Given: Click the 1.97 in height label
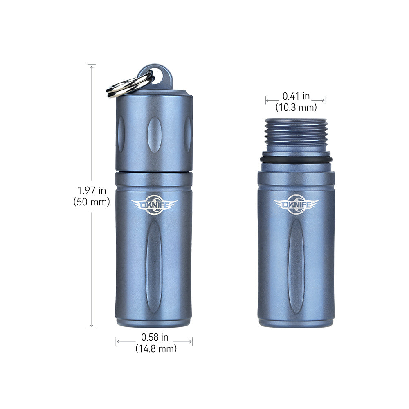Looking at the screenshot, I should coord(92,190).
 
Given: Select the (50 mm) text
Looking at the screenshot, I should coord(92,202).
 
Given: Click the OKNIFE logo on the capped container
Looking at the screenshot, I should coord(154,205).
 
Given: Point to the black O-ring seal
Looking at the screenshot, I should coord(296,159).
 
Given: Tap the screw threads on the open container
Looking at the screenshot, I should coord(296,132).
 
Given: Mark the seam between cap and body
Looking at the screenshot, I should coord(154,171).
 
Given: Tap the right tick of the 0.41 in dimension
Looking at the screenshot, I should coord(325,100).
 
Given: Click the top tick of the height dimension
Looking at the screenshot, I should coord(92,65).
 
